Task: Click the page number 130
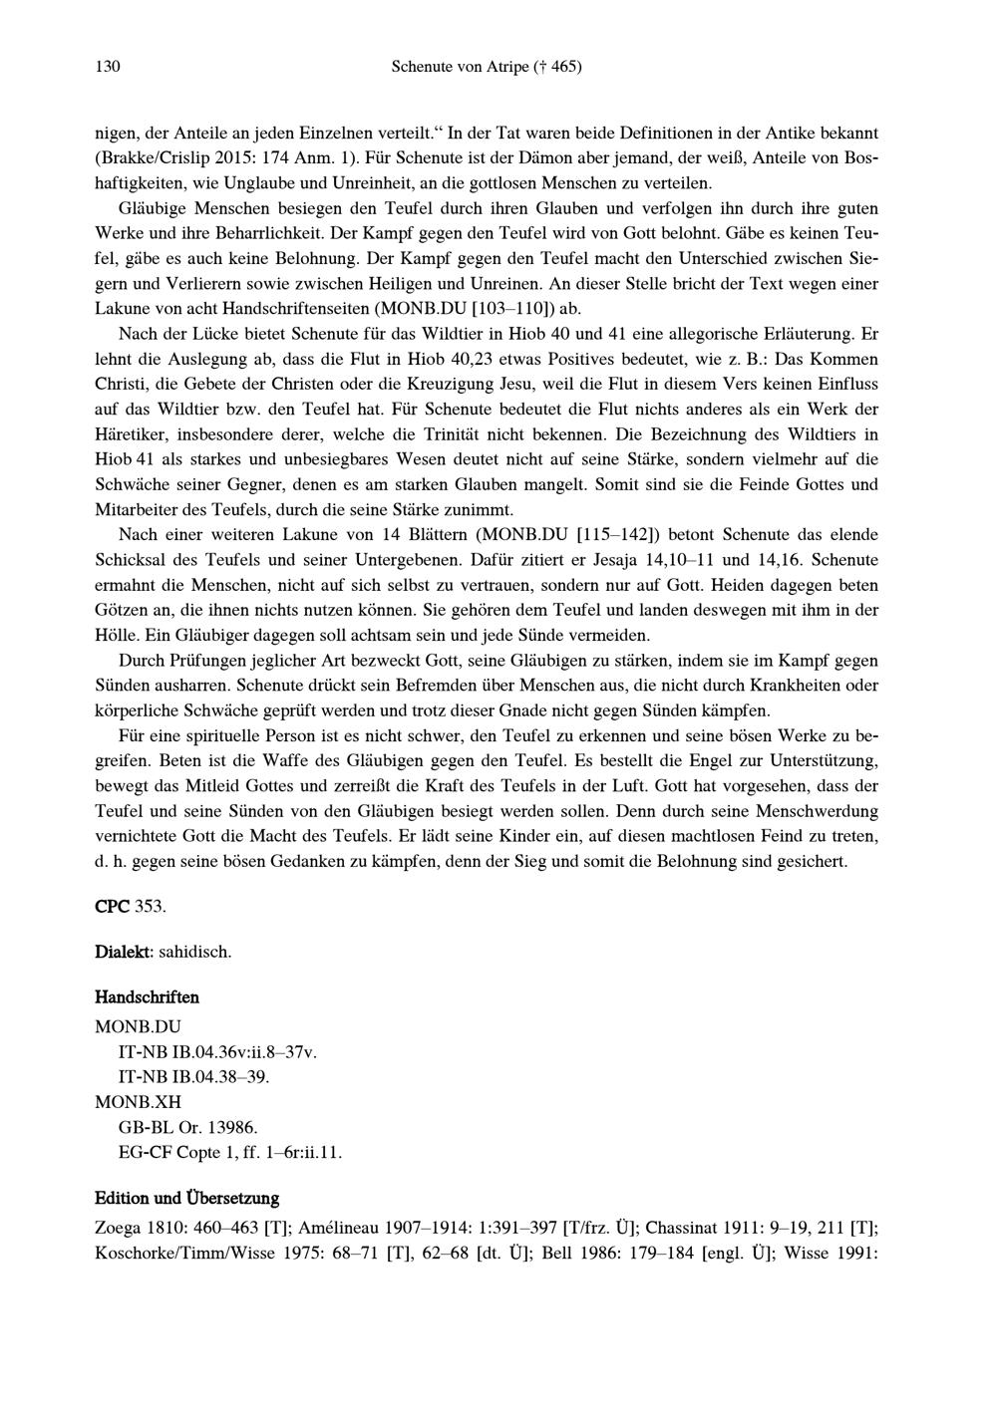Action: click(107, 67)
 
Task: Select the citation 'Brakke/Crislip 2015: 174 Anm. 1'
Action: click(220, 157)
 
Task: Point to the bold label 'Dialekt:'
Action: click(125, 952)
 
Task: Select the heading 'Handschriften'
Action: click(147, 996)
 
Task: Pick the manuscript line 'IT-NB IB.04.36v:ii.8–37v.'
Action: click(217, 1050)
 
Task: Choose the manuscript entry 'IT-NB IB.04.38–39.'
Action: click(193, 1076)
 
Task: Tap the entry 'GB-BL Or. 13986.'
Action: click(187, 1128)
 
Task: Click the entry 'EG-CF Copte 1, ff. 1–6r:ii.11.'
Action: click(229, 1154)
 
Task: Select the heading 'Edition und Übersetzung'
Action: click(186, 1198)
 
